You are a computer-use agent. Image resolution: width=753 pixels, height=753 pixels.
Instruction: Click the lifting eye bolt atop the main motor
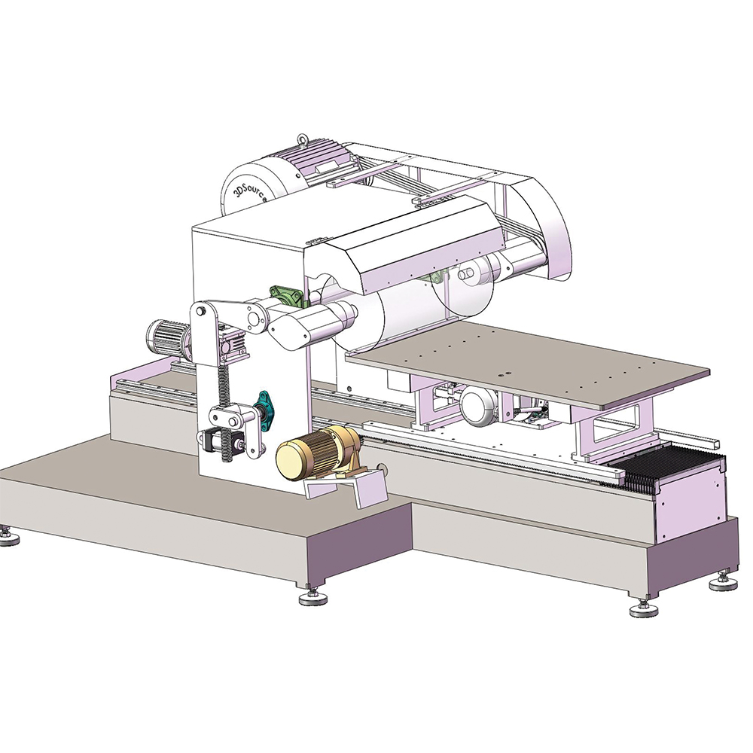[x=302, y=139]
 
